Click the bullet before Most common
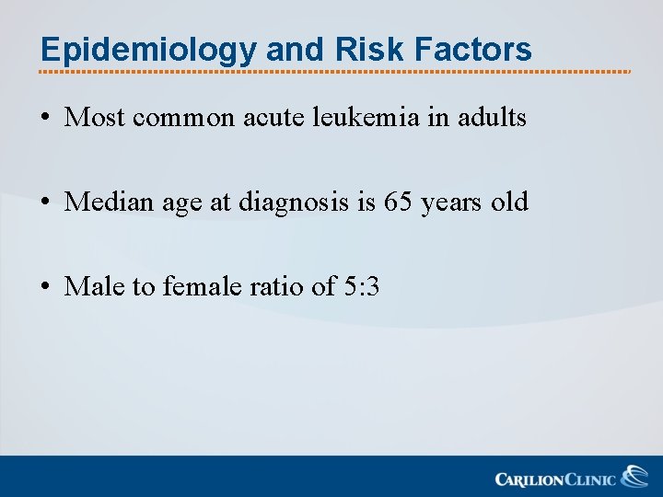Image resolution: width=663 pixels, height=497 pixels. pos(45,118)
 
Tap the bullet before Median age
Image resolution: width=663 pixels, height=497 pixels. pos(45,202)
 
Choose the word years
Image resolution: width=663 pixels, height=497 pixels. pos(452,202)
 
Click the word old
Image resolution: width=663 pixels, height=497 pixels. pos(509,202)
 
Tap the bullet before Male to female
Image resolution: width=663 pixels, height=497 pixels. pos(45,287)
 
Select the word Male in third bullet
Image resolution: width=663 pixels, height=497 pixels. pos(96,286)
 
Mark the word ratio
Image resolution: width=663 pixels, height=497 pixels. pos(277,286)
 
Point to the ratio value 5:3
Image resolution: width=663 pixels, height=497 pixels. pos(361,286)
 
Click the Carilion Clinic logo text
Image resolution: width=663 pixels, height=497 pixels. pos(555,479)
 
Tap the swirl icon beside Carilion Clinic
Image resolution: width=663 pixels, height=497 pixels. pos(634,476)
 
